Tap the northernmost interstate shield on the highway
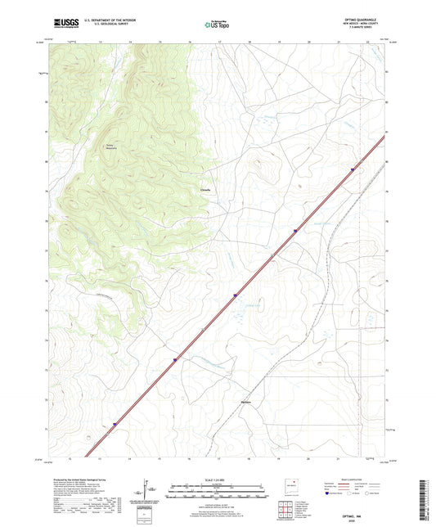(354, 170)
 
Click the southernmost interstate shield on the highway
(115, 423)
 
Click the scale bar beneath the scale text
(217, 492)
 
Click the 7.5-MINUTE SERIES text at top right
(364, 28)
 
